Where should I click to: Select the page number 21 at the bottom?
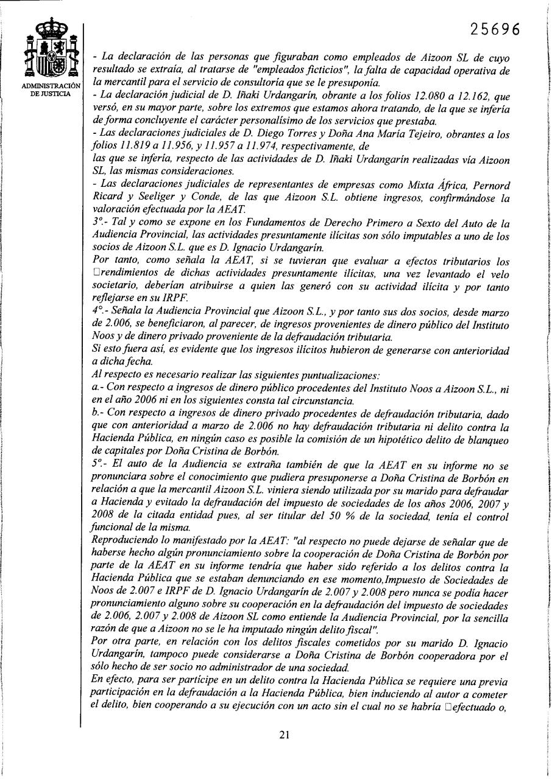284,734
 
